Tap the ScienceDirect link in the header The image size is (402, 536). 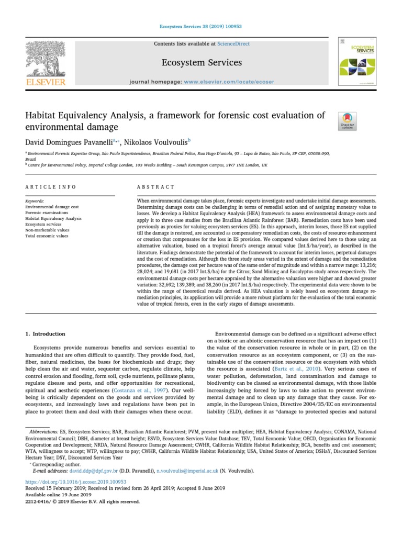tap(234, 44)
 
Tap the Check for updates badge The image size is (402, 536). tap(348, 121)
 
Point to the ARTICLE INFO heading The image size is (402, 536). tap(51, 187)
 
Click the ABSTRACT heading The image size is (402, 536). tap(155, 187)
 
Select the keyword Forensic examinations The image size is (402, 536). tap(47, 213)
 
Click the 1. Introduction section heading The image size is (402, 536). tap(46, 333)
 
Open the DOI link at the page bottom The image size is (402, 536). tap(76, 481)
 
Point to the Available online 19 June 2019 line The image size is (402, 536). tap(58, 494)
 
